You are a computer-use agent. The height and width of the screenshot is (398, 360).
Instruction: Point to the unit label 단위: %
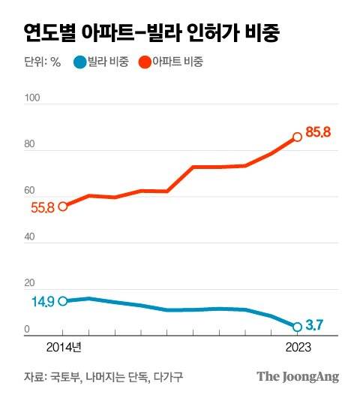pyautogui.click(x=42, y=62)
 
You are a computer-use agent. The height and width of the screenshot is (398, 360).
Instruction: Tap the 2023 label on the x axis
pyautogui.click(x=297, y=347)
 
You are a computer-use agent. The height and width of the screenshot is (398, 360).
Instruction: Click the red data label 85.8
pyautogui.click(x=318, y=133)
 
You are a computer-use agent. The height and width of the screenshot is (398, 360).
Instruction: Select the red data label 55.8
pyautogui.click(x=42, y=208)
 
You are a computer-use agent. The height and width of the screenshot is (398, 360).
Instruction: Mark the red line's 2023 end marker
pyautogui.click(x=297, y=137)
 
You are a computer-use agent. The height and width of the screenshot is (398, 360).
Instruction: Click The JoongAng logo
pyautogui.click(x=298, y=377)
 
